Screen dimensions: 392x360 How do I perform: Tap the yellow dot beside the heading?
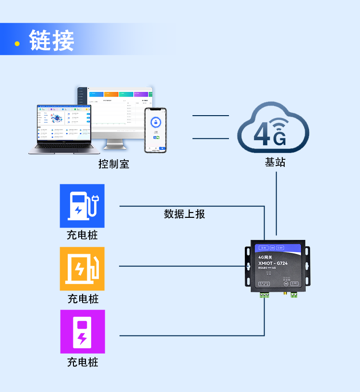[17, 44]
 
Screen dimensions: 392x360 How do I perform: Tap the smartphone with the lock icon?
[156, 130]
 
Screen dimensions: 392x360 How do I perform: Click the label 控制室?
[114, 164]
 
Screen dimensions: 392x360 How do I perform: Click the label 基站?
[275, 162]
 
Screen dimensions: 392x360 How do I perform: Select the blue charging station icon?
[82, 206]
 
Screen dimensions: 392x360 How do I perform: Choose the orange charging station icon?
[82, 269]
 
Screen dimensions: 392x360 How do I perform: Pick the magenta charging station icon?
[82, 332]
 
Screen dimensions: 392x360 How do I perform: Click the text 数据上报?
[184, 214]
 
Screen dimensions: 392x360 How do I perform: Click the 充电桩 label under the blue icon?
[82, 236]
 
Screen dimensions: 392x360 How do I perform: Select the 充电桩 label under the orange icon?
[83, 299]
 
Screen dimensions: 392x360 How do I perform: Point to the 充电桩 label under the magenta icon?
[83, 362]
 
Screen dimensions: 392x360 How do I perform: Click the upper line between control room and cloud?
[211, 116]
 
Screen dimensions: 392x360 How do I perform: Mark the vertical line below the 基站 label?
[276, 202]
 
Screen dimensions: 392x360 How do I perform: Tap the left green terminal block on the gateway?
[264, 294]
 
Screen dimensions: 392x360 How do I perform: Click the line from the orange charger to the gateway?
[182, 266]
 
